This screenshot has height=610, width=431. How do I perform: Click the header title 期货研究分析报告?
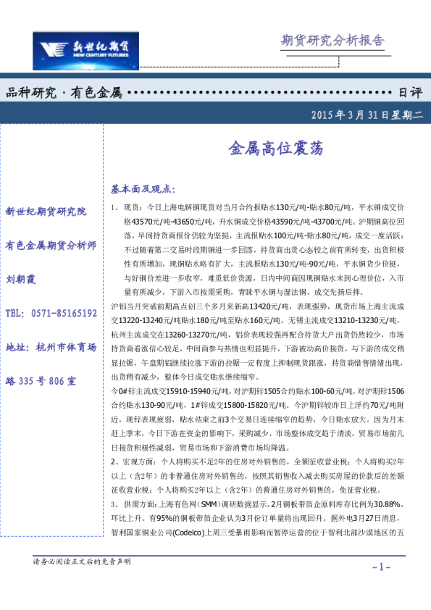click(332, 41)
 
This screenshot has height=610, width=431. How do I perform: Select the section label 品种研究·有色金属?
click(64, 93)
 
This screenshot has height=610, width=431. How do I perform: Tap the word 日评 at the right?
click(411, 93)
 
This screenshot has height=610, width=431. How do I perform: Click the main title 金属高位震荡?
click(271, 149)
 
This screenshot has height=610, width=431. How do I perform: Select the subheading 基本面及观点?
click(143, 189)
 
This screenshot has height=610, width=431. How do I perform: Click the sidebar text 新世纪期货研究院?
click(46, 212)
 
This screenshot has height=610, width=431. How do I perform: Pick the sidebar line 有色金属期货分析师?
click(51, 245)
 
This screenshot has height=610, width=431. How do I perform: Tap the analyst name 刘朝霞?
click(21, 279)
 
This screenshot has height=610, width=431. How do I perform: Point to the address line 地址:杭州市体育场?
click(51, 346)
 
